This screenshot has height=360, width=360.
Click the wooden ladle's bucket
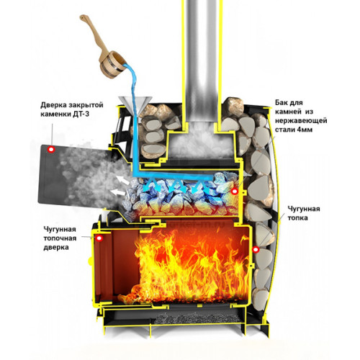coord(113,65)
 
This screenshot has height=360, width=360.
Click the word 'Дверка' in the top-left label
coord(53,105)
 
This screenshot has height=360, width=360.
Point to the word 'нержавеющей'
coord(301,120)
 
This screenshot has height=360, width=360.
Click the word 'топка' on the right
coord(297,218)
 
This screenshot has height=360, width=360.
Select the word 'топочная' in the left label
coord(60,238)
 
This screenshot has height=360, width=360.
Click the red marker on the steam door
coord(51,149)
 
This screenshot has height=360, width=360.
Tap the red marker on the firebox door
coord(99,238)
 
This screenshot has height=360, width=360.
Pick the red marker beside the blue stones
coord(235,191)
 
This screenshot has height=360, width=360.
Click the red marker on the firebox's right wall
coord(256,250)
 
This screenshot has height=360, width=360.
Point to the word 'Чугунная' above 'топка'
coord(304,209)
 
